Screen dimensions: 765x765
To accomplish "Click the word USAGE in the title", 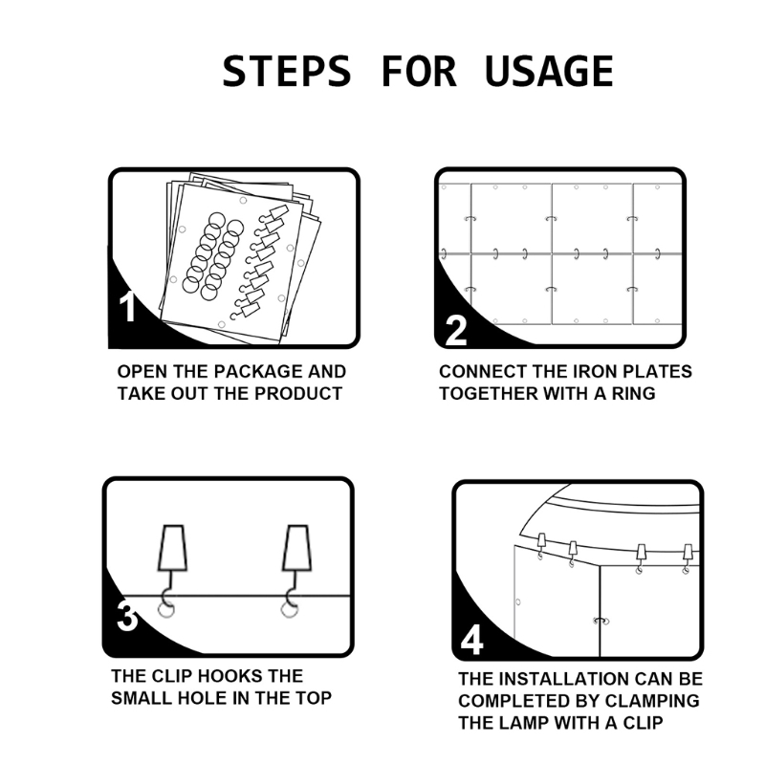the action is pyautogui.click(x=549, y=71).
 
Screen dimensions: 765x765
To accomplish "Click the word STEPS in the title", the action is pyautogui.click(x=287, y=71).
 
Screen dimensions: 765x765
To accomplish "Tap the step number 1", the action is pyautogui.click(x=127, y=307).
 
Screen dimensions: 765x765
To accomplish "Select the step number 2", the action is pyautogui.click(x=456, y=331).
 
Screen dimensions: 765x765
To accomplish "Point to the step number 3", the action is pyautogui.click(x=127, y=616).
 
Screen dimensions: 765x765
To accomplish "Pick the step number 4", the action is pyautogui.click(x=471, y=640).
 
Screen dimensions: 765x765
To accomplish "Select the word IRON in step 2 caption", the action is pyautogui.click(x=594, y=372).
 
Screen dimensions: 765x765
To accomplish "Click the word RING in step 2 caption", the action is pyautogui.click(x=634, y=393).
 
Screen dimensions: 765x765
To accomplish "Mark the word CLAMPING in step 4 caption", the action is pyautogui.click(x=652, y=701).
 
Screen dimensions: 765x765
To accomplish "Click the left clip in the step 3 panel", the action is pyautogui.click(x=172, y=561).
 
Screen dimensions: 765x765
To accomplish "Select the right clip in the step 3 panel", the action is pyautogui.click(x=296, y=561).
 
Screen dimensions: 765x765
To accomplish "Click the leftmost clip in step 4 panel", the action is pyautogui.click(x=541, y=545).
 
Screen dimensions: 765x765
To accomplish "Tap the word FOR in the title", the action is pyautogui.click(x=418, y=71).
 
